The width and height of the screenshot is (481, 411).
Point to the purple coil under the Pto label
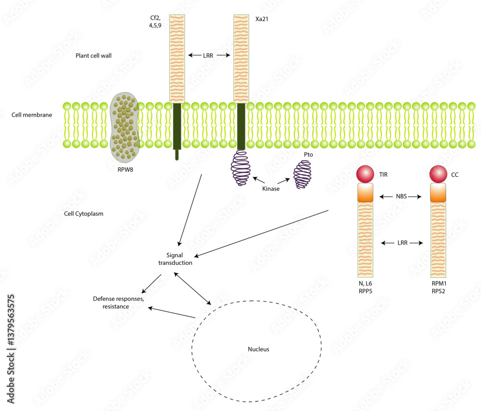pyautogui.click(x=303, y=174)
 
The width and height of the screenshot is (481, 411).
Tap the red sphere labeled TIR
pyautogui.click(x=365, y=174)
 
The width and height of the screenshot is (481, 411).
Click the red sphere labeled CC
pyautogui.click(x=437, y=174)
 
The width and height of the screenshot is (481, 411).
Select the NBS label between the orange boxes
pyautogui.click(x=401, y=197)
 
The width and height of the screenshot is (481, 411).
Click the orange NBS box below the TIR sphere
pyautogui.click(x=365, y=193)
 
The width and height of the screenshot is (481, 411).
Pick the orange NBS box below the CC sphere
pyautogui.click(x=437, y=193)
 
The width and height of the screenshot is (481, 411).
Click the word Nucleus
pyautogui.click(x=258, y=349)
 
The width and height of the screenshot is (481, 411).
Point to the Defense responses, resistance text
pyautogui.click(x=118, y=302)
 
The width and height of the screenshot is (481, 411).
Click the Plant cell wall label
pyautogui.click(x=93, y=56)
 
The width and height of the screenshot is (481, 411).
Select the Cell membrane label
pyautogui.click(x=31, y=115)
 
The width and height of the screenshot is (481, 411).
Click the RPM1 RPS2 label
pyautogui.click(x=438, y=287)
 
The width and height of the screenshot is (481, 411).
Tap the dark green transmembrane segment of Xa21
pyautogui.click(x=241, y=126)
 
